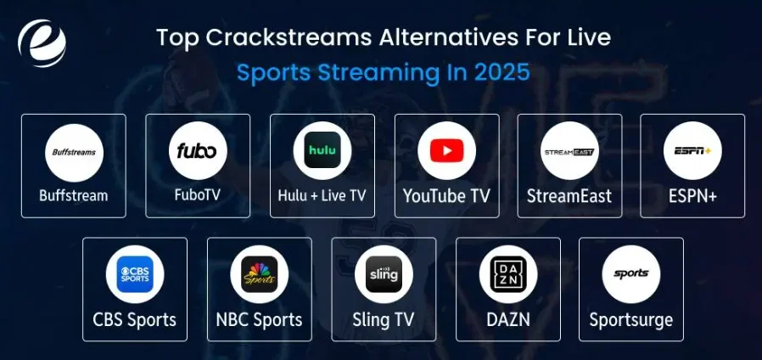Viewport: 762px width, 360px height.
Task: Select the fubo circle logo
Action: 198,152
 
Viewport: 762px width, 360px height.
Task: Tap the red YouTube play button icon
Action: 446,152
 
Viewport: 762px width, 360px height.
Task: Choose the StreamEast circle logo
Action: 569,152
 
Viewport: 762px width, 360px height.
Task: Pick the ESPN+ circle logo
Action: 692,152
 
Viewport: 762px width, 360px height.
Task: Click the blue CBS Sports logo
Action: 135,274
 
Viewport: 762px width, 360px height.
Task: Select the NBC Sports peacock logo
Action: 259,274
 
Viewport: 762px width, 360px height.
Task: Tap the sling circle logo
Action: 384,274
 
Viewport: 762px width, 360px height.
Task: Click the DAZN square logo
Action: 507,274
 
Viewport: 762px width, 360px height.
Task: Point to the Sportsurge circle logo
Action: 630,274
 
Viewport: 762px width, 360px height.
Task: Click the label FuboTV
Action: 198,196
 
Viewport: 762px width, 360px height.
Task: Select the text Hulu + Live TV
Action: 322,196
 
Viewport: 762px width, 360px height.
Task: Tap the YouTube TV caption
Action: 446,196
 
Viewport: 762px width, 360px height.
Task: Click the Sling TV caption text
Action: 384,320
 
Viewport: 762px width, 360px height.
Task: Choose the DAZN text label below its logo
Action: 507,320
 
